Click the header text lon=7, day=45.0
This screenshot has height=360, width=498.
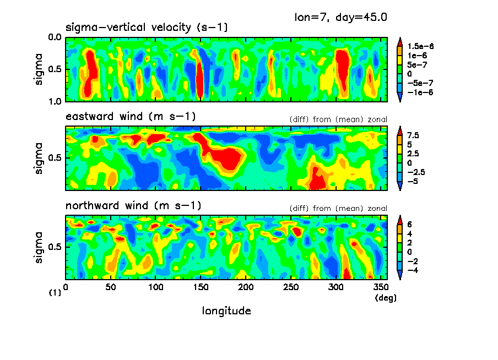pyautogui.click(x=341, y=17)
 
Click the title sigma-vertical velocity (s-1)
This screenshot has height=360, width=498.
pyautogui.click(x=147, y=28)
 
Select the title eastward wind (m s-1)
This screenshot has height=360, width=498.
pyautogui.click(x=131, y=116)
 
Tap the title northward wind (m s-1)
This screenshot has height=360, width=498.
pyautogui.click(x=133, y=206)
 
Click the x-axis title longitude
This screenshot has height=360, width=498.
pyautogui.click(x=226, y=311)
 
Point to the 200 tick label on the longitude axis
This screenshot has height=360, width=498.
pyautogui.click(x=246, y=287)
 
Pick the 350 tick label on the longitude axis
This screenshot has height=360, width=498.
pyautogui.click(x=377, y=287)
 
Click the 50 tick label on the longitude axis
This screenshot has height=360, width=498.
pyautogui.click(x=111, y=287)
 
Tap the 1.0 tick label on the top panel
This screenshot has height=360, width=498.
pyautogui.click(x=54, y=102)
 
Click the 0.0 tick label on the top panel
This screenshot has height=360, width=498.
pyautogui.click(x=54, y=38)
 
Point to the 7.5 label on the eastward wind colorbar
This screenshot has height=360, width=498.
pyautogui.click(x=414, y=135)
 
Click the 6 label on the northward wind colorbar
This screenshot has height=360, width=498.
pyautogui.click(x=410, y=225)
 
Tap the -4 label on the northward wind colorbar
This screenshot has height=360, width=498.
pyautogui.click(x=413, y=270)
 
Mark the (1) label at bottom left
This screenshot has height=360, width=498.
pyautogui.click(x=55, y=293)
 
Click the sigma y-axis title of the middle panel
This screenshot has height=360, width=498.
pyautogui.click(x=39, y=158)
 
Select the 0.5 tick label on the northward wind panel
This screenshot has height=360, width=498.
pyautogui.click(x=54, y=247)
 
